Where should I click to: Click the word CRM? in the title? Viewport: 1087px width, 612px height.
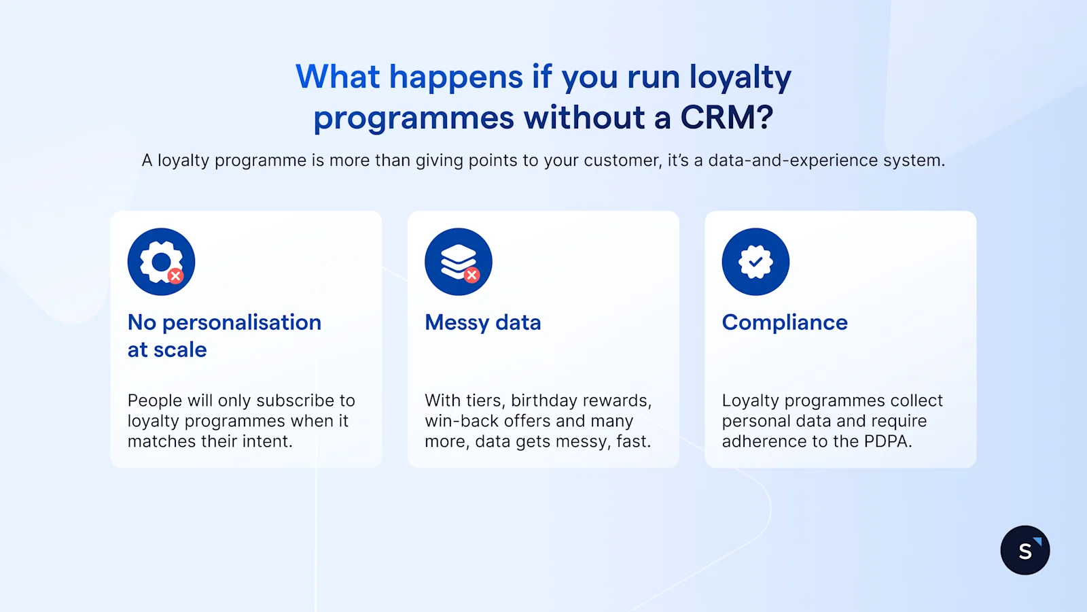[x=726, y=118]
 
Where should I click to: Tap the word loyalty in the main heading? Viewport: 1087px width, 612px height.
[x=740, y=77]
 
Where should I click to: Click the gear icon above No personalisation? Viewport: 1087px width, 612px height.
[x=161, y=262]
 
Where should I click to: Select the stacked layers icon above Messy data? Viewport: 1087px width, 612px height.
[x=459, y=262]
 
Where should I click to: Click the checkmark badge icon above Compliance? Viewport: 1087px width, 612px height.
[x=755, y=262]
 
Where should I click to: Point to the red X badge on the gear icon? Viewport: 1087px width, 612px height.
[x=175, y=275]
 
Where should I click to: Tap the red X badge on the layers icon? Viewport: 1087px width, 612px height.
[x=471, y=275]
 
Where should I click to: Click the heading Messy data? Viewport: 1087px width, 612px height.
[x=482, y=322]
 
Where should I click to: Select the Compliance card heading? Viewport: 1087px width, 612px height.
[x=785, y=322]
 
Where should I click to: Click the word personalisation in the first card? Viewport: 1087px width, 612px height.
[x=242, y=322]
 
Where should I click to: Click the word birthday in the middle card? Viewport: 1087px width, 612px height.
[x=543, y=401]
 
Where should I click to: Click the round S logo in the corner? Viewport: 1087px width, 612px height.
[x=1024, y=550]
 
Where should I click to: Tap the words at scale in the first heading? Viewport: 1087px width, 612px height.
[x=167, y=350]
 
